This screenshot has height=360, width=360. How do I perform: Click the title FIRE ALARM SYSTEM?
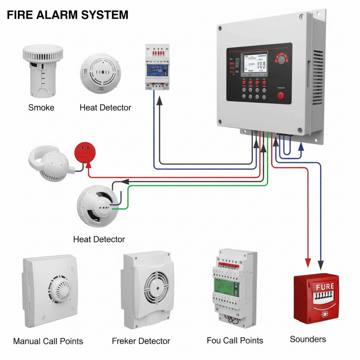pyautogui.click(x=67, y=15)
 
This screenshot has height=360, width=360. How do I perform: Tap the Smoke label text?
pyautogui.click(x=41, y=108)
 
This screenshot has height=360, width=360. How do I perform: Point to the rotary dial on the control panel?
pyautogui.click(x=281, y=59)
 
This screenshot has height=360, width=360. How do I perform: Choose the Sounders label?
pyautogui.click(x=308, y=339)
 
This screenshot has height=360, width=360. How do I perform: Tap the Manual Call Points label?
pyautogui.click(x=48, y=341)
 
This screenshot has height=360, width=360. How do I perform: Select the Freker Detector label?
pyautogui.click(x=141, y=341)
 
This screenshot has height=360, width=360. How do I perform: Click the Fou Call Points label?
pyautogui.click(x=235, y=340)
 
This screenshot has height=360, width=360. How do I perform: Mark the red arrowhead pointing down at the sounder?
pyautogui.click(x=308, y=263)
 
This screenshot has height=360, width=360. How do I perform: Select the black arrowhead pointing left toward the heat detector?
pyautogui.click(x=124, y=182)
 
